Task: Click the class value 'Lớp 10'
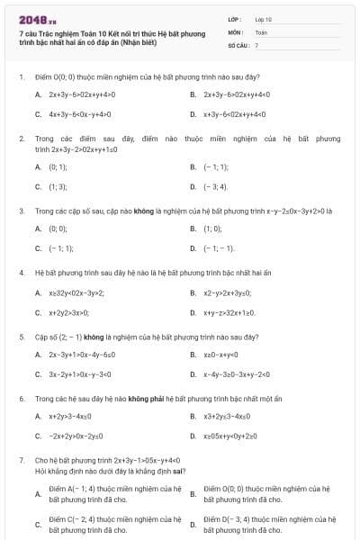tap(263, 18)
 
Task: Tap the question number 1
tap(21, 76)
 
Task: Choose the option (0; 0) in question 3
tap(58, 229)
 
